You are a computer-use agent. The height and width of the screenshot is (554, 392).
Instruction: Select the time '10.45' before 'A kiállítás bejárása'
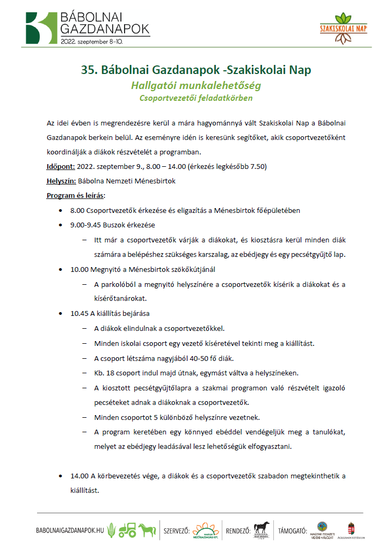click(x=79, y=314)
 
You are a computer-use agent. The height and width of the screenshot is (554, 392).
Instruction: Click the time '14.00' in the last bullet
click(x=79, y=476)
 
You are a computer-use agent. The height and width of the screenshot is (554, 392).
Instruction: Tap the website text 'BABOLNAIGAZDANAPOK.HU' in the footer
click(x=70, y=531)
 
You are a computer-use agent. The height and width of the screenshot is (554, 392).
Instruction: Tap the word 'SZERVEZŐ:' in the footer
click(x=176, y=531)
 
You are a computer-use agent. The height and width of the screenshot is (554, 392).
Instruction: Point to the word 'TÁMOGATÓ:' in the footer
click(x=293, y=531)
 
